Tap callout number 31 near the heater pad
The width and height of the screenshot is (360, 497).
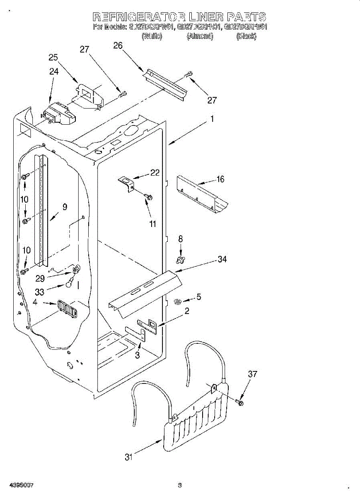point(129,457)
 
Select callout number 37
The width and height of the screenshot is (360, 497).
point(252,374)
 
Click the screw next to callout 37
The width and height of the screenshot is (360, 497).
point(240,402)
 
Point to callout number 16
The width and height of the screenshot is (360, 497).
point(220,179)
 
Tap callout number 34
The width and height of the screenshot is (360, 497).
point(222,259)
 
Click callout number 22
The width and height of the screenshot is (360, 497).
point(155,173)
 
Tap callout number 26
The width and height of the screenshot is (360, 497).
point(118,45)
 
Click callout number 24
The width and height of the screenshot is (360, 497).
point(54,71)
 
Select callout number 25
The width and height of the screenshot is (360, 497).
point(53,57)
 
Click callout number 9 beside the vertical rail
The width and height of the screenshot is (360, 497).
point(65,206)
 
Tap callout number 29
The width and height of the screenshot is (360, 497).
point(40,278)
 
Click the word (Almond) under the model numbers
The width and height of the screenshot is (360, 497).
point(200,36)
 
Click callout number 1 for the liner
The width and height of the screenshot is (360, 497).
point(212,119)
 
